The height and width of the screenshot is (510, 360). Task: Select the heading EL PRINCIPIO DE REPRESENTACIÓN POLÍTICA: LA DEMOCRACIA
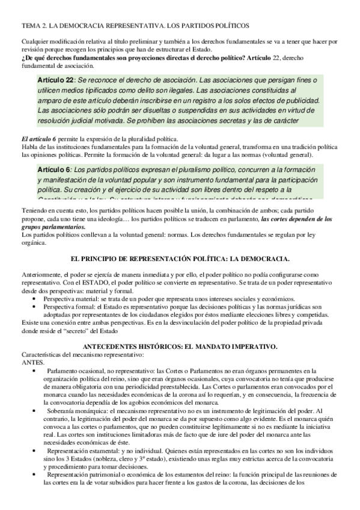click(x=180, y=259)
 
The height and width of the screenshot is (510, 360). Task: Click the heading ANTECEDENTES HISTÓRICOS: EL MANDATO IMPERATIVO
click(x=180, y=347)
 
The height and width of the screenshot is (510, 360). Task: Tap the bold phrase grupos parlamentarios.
click(x=52, y=227)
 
